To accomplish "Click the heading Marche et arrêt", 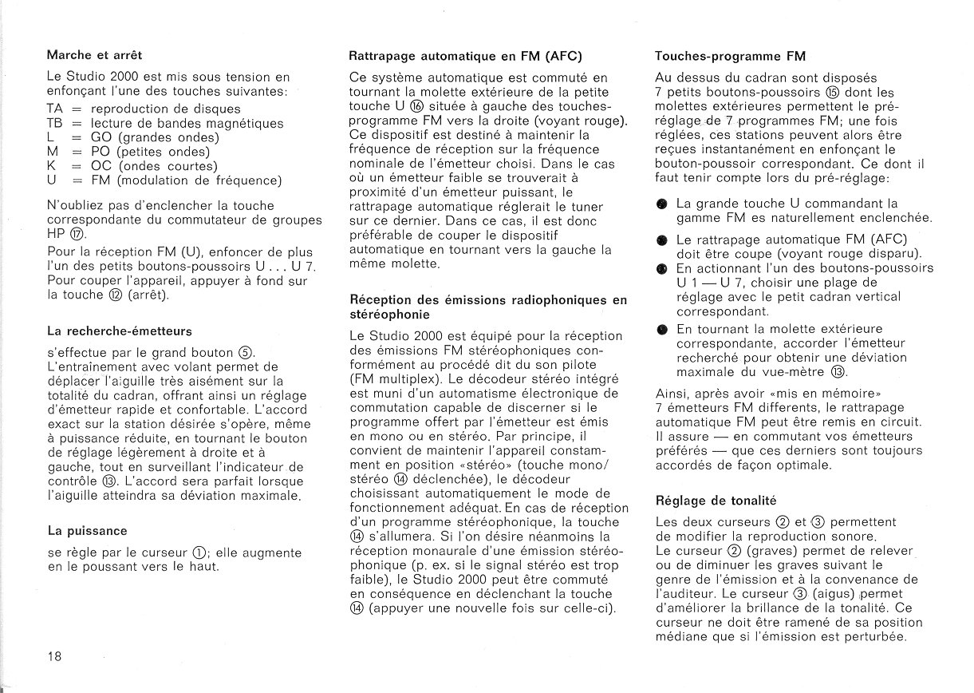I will pos(95,55).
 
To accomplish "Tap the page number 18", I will pos(54,656).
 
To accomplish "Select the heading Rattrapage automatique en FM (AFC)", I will pos(465,57).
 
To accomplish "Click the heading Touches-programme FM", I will pos(730,57).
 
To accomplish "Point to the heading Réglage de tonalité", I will pos(716,501).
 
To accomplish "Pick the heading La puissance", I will pos(87,530).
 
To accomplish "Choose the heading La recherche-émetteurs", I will pos(119,331).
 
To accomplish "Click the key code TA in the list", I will pos(54,109).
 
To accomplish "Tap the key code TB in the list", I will pos(54,123).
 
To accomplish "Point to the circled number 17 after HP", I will pos(77,235).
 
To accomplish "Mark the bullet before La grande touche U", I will pos(661,204).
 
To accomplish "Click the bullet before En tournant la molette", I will pos(661,329).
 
